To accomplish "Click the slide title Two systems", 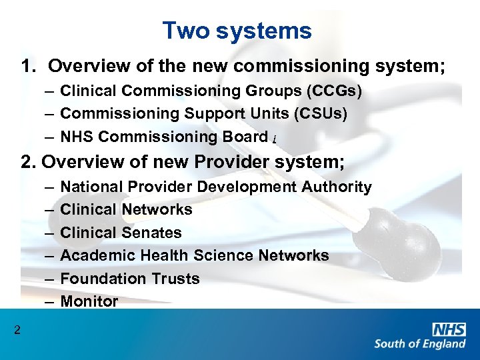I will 237,31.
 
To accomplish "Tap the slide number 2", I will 17,329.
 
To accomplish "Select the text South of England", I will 419,344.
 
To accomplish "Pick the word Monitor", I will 89,301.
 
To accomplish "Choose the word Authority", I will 336,187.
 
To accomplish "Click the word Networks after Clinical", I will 157,209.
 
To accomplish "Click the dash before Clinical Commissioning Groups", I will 51,91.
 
